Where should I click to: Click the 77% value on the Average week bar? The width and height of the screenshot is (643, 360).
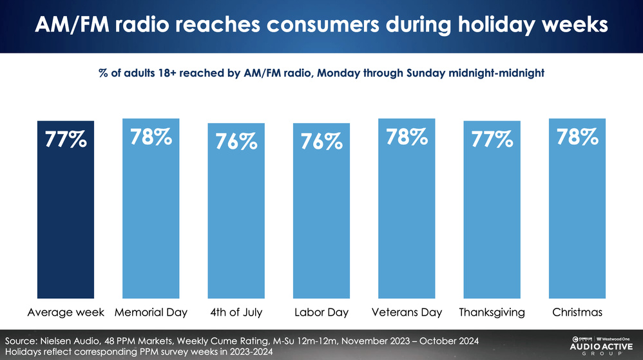pyautogui.click(x=66, y=140)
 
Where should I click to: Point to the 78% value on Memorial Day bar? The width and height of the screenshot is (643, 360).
pyautogui.click(x=151, y=137)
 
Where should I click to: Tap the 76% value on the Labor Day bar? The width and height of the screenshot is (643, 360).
pyautogui.click(x=321, y=141)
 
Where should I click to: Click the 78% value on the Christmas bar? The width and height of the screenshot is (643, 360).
pyautogui.click(x=577, y=137)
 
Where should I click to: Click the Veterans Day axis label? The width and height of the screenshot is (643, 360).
pyautogui.click(x=407, y=312)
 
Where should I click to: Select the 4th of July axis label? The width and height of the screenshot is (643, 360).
pyautogui.click(x=236, y=312)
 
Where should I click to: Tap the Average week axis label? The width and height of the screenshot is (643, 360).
pyautogui.click(x=66, y=312)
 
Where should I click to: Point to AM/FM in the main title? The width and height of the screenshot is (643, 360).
pyautogui.click(x=70, y=26)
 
